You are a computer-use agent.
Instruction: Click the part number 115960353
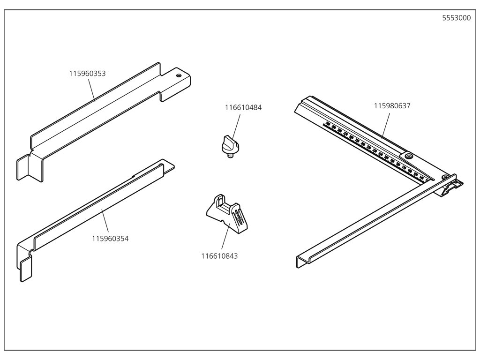point(87,74)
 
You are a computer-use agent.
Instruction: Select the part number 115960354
point(110,239)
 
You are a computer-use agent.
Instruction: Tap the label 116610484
point(243,107)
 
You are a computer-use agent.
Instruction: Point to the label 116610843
point(219,256)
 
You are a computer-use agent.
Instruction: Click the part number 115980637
point(392,106)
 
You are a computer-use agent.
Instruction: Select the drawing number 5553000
point(457,18)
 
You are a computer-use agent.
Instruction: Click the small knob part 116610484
point(230,143)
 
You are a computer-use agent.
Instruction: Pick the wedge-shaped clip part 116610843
point(227,213)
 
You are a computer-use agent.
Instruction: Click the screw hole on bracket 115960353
point(178,75)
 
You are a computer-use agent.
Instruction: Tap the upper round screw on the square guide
point(409,156)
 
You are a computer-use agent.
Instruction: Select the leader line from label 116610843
point(225,239)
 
